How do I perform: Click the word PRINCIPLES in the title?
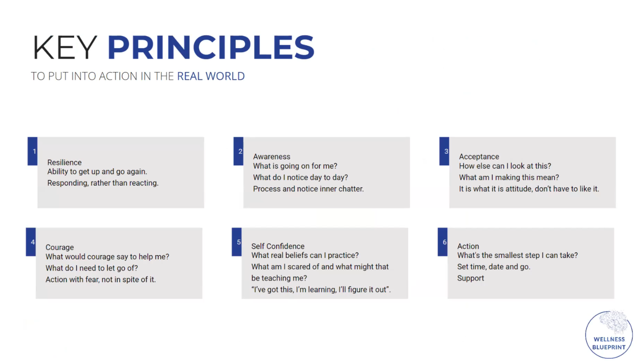click(211, 47)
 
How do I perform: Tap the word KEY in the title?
click(65, 47)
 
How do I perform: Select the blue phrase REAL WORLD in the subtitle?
click(211, 76)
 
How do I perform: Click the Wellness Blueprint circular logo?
click(609, 334)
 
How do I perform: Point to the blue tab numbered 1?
click(32, 151)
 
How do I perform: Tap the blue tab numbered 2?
click(238, 151)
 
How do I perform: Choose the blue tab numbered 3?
click(444, 151)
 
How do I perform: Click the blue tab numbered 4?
click(31, 242)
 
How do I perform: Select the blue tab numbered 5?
click(237, 242)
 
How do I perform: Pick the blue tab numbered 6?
click(443, 242)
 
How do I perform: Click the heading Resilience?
click(65, 162)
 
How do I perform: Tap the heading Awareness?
click(272, 156)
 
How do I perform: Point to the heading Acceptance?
click(479, 157)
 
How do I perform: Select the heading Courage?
click(60, 247)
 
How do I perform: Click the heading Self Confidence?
click(278, 246)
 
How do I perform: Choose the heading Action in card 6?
click(468, 246)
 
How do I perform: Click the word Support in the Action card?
click(470, 278)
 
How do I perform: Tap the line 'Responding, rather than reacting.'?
click(103, 183)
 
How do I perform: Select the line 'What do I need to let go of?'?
click(92, 268)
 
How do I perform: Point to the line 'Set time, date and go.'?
click(494, 267)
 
